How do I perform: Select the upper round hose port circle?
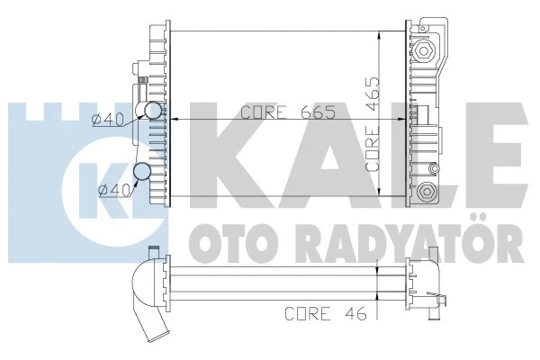154,112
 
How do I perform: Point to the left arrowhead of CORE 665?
175,119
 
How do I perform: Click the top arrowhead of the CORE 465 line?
386,38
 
